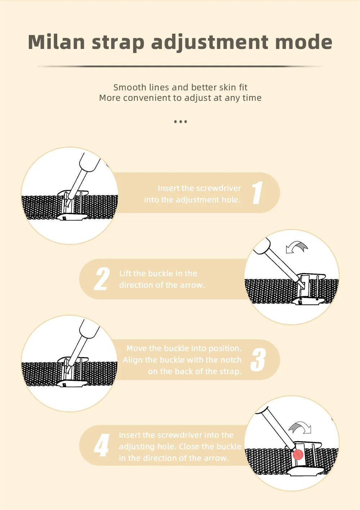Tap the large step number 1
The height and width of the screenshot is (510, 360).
(257, 193)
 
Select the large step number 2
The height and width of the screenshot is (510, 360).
(102, 279)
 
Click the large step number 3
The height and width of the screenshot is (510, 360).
(258, 360)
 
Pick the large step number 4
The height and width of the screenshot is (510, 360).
(102, 445)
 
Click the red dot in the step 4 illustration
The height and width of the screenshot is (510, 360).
(298, 455)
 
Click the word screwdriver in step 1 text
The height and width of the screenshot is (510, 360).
(219, 188)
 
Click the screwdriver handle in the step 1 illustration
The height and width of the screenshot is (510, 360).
(90, 162)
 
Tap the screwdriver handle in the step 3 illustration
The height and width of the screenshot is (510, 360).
(90, 328)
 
